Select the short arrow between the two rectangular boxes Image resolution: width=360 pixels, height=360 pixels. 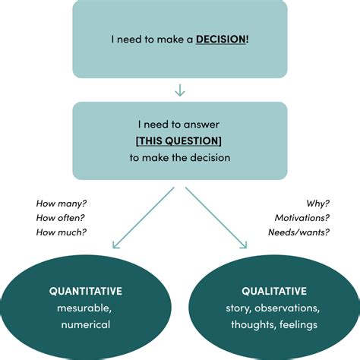click(180, 90)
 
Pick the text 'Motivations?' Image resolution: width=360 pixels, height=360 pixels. click(301, 218)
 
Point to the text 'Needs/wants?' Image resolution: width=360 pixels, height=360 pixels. click(298, 232)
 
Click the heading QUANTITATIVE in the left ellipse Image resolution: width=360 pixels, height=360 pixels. click(85, 290)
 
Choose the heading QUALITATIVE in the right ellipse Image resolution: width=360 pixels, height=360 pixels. click(274, 290)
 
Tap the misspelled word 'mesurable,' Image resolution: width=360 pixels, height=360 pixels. click(85, 308)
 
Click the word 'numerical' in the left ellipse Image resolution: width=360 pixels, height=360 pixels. click(85, 325)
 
